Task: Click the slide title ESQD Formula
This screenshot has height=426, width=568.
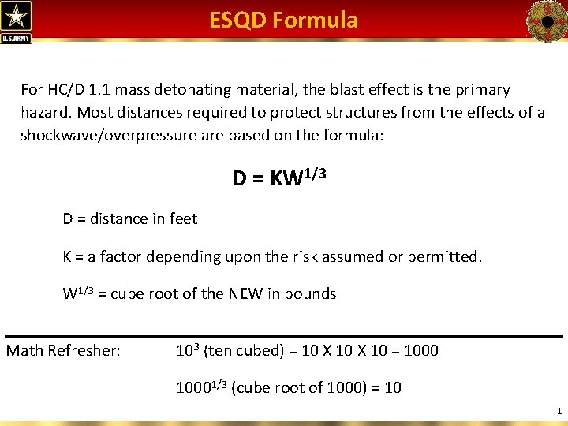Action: [283, 20]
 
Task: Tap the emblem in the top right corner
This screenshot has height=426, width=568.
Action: [545, 20]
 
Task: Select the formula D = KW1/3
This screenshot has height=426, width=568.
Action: [278, 177]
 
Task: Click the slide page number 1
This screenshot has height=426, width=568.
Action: [559, 411]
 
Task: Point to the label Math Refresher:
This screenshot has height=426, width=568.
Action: [63, 350]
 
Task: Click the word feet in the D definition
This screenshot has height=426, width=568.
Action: [183, 219]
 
